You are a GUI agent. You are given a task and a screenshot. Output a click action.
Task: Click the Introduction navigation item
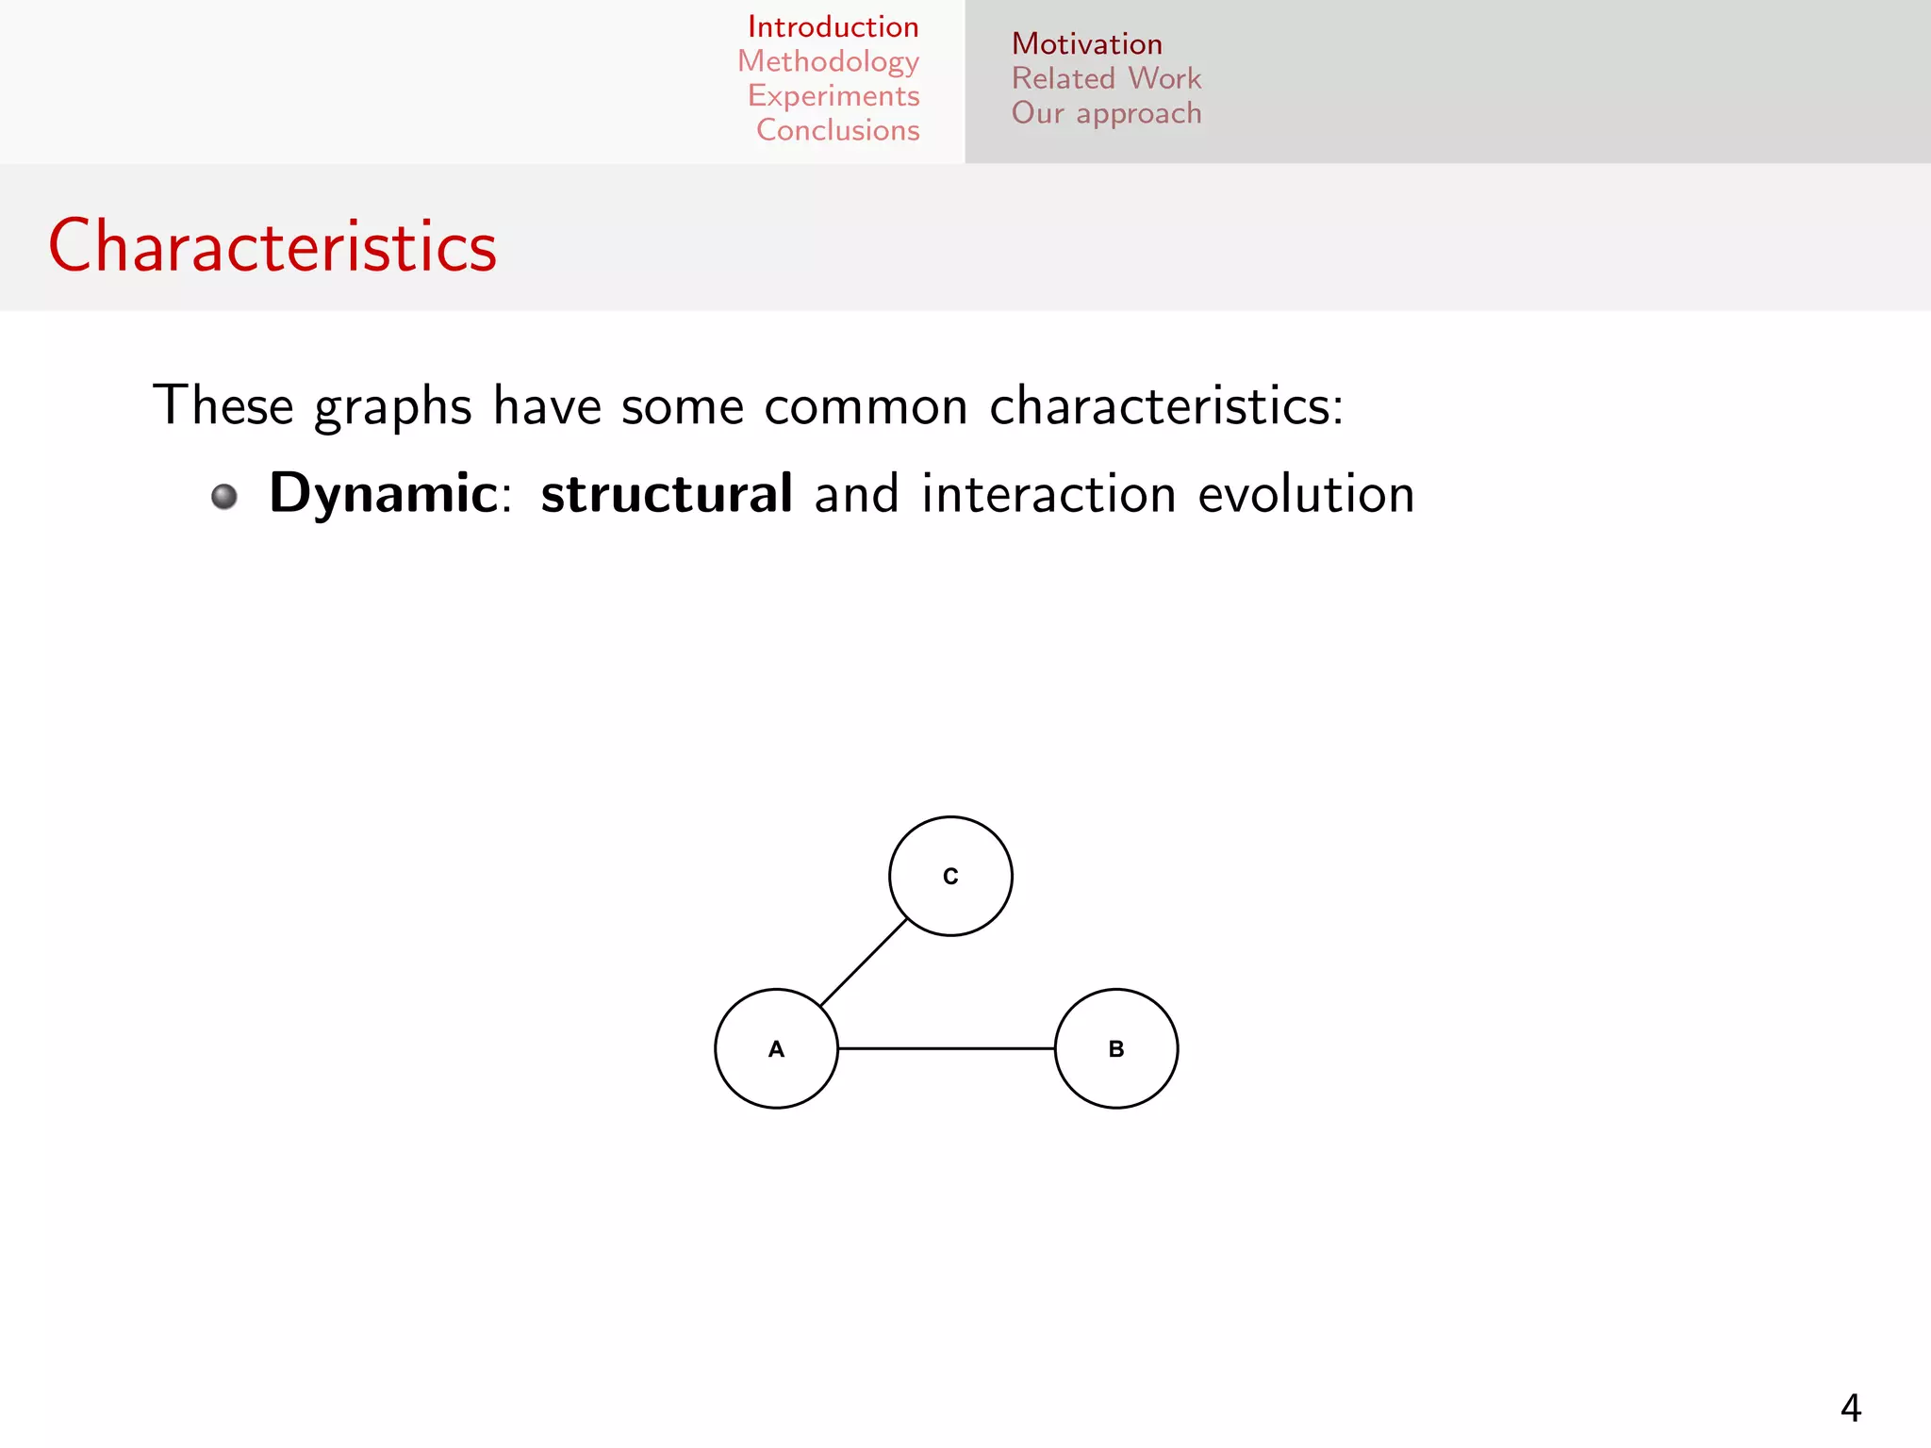pyautogui.click(x=833, y=26)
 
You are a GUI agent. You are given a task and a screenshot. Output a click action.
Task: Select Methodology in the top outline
pyautogui.click(x=828, y=61)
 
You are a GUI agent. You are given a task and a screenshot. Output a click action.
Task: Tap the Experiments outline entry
pyautogui.click(x=833, y=96)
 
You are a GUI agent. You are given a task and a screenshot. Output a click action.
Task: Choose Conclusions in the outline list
pyautogui.click(x=837, y=130)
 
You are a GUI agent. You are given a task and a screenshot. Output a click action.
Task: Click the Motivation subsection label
pyautogui.click(x=1086, y=44)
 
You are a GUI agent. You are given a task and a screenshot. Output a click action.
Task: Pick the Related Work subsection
pyautogui.click(x=1106, y=78)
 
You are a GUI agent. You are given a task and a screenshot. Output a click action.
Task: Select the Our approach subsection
pyautogui.click(x=1106, y=113)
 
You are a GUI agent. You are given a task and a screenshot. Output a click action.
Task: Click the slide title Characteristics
pyautogui.click(x=272, y=246)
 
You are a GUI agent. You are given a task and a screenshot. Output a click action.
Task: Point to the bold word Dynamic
pyautogui.click(x=383, y=493)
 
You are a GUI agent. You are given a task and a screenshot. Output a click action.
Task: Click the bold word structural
pyautogui.click(x=667, y=493)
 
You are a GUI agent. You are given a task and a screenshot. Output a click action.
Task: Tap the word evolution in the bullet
pyautogui.click(x=1306, y=494)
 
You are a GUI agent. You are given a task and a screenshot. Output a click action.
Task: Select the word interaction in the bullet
pyautogui.click(x=1048, y=494)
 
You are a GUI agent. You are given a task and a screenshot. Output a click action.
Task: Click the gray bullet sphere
pyautogui.click(x=224, y=496)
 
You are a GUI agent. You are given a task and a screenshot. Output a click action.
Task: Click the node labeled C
pyautogui.click(x=950, y=876)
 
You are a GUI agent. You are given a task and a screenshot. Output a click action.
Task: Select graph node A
pyautogui.click(x=776, y=1048)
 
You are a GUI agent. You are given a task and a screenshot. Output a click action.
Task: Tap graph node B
pyautogui.click(x=1116, y=1048)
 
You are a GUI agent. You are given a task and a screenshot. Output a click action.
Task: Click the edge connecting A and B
pyautogui.click(x=946, y=1048)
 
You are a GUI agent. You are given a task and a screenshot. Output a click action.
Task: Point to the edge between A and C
pyautogui.click(x=864, y=963)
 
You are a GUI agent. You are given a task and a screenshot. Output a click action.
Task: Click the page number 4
pyautogui.click(x=1850, y=1408)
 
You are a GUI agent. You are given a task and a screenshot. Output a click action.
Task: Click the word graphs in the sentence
pyautogui.click(x=392, y=407)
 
